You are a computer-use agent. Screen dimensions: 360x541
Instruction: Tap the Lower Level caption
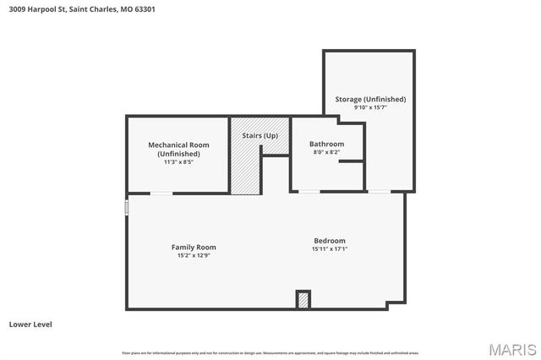click(x=31, y=324)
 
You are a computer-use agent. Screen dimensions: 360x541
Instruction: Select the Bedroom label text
click(x=329, y=240)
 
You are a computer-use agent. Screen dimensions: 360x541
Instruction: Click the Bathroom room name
click(x=326, y=144)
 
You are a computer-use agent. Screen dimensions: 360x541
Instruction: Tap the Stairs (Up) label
click(x=260, y=135)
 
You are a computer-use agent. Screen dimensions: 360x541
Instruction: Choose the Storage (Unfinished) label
click(x=369, y=99)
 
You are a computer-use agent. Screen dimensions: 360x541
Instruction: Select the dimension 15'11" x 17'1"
click(x=329, y=248)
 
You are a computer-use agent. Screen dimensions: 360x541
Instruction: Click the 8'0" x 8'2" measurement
click(x=326, y=152)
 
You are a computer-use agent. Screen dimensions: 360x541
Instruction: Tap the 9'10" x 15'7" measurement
click(x=369, y=107)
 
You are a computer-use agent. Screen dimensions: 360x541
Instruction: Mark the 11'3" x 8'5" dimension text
click(x=178, y=161)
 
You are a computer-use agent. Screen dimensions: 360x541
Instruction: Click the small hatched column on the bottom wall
click(x=303, y=300)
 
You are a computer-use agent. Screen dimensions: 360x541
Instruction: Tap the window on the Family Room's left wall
click(x=127, y=207)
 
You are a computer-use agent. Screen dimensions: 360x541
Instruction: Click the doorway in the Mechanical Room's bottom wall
click(x=161, y=194)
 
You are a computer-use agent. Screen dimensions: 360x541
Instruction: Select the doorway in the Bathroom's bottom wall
click(x=309, y=192)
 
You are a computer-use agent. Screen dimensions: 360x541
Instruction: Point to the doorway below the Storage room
click(x=379, y=192)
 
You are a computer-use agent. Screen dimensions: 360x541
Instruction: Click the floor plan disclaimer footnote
click(x=270, y=352)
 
